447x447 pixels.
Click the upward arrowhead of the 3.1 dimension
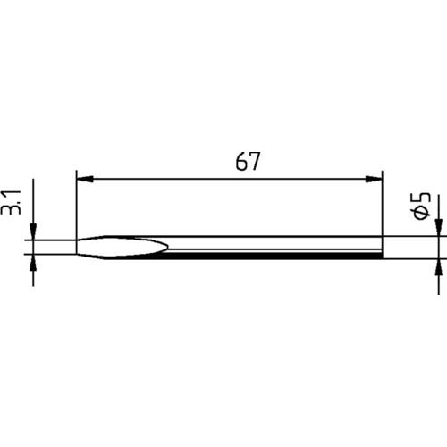(x=34, y=263)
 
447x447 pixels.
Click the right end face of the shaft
(x=382, y=248)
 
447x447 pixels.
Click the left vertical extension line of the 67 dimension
(x=77, y=206)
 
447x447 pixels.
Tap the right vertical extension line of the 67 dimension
(x=382, y=206)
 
